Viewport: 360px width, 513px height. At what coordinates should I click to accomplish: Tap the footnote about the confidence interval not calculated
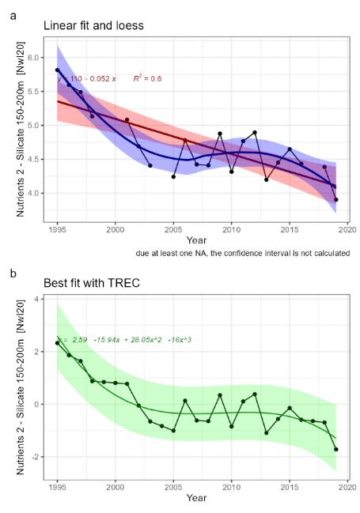[242, 253]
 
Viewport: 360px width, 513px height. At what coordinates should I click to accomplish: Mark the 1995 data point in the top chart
[57, 70]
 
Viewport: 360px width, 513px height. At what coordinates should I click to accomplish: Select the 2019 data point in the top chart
[335, 199]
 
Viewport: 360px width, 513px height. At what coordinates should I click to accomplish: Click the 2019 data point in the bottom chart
[335, 449]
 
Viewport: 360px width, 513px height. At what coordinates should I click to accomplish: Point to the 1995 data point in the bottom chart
[57, 343]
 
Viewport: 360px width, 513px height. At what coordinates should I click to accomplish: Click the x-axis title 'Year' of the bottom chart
[196, 497]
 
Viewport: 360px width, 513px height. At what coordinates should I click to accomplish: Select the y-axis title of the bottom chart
[13, 381]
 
